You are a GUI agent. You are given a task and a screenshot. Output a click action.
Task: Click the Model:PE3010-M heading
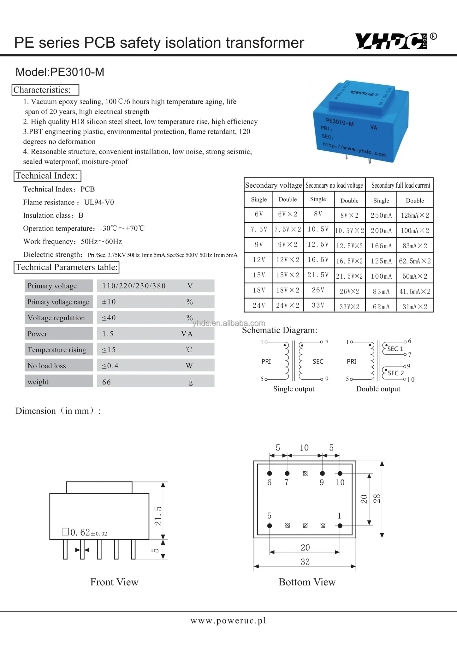60,72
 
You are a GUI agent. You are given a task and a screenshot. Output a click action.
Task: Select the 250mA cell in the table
381,215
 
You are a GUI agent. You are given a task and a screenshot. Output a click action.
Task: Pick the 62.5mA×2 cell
415,261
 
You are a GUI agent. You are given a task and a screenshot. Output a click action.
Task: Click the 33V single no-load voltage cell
318,305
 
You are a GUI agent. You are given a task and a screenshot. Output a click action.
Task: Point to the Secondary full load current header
400,185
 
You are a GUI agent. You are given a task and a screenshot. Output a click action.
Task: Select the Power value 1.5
108,334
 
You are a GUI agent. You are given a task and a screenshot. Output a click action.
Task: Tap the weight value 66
106,382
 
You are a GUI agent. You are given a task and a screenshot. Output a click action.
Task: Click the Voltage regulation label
56,318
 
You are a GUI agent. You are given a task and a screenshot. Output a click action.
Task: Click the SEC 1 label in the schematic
395,349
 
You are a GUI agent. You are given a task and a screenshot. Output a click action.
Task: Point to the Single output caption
294,389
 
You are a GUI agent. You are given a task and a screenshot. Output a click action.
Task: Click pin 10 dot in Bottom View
340,473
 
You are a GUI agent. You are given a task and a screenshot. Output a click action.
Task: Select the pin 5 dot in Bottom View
270,526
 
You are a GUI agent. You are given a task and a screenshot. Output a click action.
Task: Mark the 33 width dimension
305,562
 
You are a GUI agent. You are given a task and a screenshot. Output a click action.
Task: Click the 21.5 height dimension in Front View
158,516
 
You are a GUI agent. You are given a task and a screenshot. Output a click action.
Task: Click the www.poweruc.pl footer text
228,620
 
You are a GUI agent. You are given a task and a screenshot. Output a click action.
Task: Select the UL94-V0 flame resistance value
99,202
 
